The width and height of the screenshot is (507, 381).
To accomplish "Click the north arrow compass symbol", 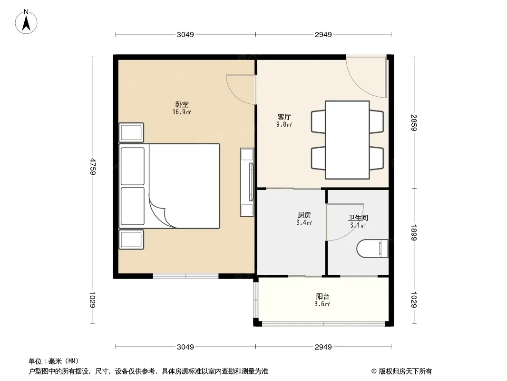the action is click(26, 22).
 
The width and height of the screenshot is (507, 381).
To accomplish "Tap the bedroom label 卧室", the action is click(182, 105).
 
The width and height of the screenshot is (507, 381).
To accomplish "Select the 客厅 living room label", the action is click(284, 117).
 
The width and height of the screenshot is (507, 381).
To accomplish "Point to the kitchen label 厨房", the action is click(304, 215).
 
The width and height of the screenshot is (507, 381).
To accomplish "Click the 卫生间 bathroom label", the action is click(358, 218).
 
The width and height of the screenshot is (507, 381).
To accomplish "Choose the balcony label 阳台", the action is click(322, 297).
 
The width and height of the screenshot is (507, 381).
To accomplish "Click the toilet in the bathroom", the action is click(372, 249).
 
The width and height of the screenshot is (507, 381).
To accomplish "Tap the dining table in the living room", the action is click(347, 140).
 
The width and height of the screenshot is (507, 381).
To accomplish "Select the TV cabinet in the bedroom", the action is click(247, 182).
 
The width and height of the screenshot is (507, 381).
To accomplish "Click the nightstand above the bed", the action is click(131, 132).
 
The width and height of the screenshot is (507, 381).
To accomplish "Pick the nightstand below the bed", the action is click(131, 240).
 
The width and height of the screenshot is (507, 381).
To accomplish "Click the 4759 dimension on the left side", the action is click(93, 166).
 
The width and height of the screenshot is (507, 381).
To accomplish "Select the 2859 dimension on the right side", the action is click(414, 123).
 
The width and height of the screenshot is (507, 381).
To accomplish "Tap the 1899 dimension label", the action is click(414, 232).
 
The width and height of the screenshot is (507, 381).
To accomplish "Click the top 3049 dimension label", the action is click(185, 34).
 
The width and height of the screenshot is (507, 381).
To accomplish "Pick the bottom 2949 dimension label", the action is click(323, 347).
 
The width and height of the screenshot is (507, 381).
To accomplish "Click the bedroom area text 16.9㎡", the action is click(182, 112).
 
